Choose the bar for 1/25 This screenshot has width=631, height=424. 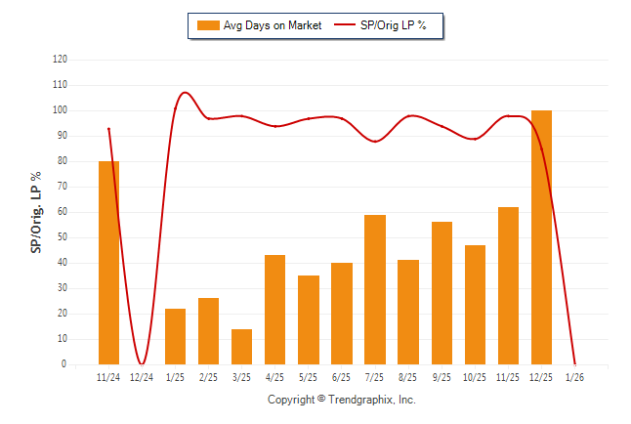[175, 336]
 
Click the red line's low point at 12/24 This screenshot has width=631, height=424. [143, 363]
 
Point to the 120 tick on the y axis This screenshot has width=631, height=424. [61, 60]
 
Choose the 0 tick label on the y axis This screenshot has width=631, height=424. [64, 364]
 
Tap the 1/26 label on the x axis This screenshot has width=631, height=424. [574, 378]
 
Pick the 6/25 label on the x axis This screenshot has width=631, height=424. [342, 378]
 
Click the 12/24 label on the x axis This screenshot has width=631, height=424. [142, 378]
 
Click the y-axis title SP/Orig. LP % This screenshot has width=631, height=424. [36, 212]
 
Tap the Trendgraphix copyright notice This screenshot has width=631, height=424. [342, 400]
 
